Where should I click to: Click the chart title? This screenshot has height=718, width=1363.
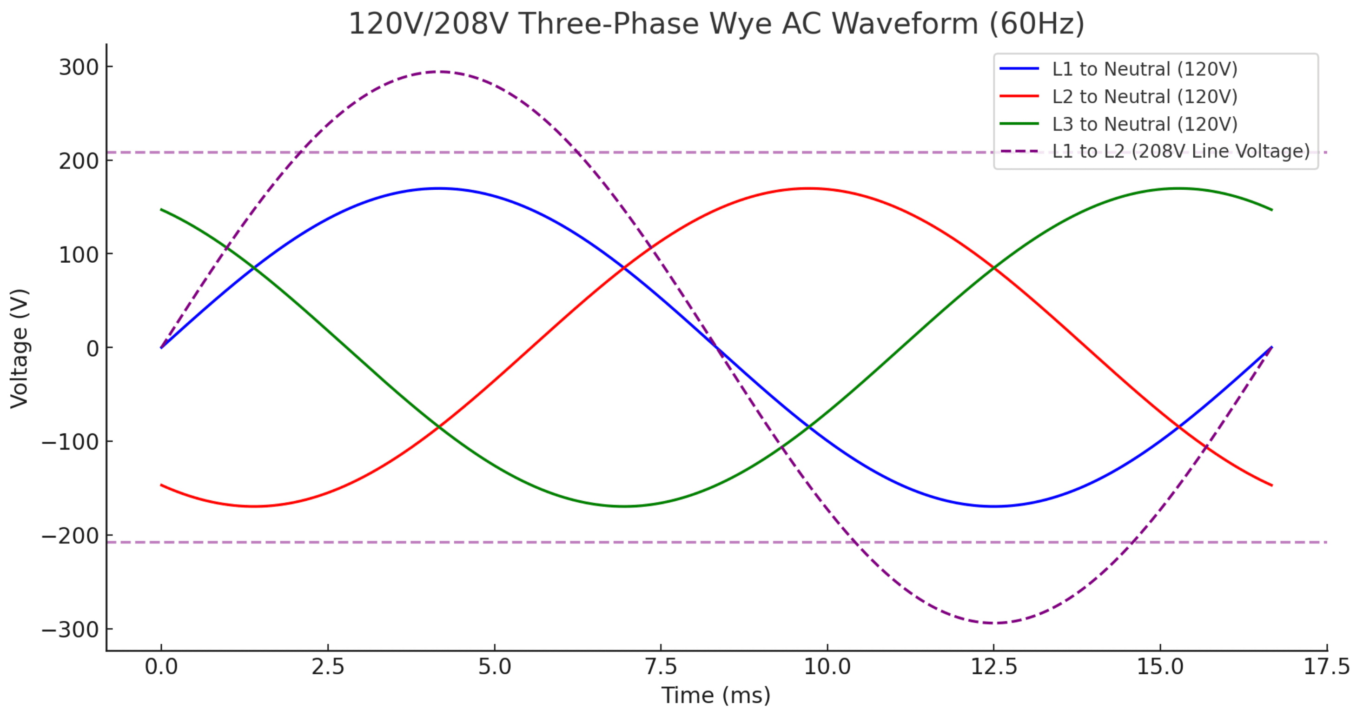pos(716,24)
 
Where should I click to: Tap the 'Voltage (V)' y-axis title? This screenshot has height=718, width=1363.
pos(19,349)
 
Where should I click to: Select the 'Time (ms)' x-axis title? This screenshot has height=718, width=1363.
pos(716,695)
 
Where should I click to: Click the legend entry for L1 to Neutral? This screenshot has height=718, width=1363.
pos(1145,69)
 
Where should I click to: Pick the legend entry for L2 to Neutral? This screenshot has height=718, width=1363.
pos(1145,97)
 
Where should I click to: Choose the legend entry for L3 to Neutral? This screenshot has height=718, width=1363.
pos(1145,124)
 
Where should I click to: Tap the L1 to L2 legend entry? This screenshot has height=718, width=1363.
pos(1180,152)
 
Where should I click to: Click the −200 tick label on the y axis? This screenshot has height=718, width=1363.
pos(70,537)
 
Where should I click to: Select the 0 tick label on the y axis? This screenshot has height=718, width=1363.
pos(93,349)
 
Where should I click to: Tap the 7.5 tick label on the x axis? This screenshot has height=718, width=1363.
pos(661,667)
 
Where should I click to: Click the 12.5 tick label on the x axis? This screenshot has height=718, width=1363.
pos(994,667)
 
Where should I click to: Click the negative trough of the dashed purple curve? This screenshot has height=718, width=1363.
pos(994,623)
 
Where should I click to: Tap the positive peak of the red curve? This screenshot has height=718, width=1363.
pos(808,188)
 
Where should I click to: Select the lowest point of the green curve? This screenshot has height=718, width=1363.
pos(624,506)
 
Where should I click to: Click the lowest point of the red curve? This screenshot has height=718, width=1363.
pos(254,506)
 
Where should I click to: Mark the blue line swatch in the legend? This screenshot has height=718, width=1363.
pos(1019,69)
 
